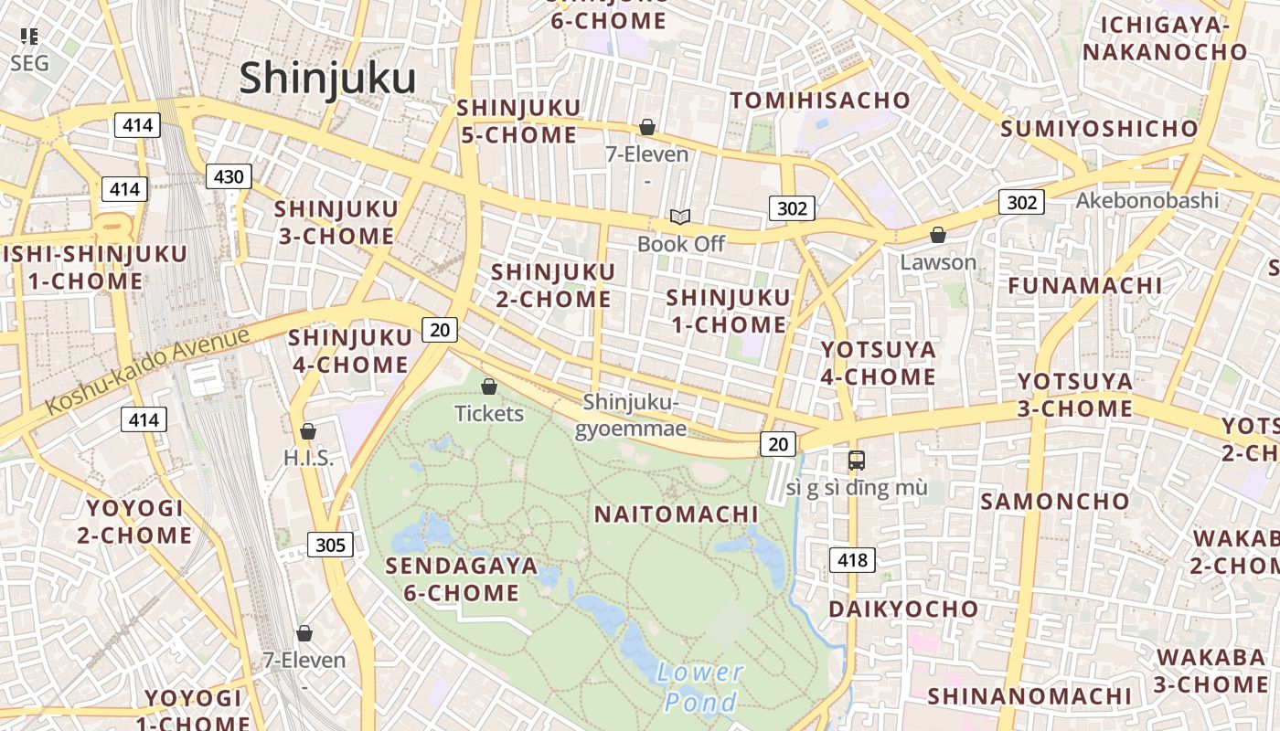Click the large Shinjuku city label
tap(327, 79)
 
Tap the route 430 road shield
tap(228, 176)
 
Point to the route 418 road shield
tap(852, 559)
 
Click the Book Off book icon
tap(679, 217)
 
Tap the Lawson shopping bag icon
tap(937, 235)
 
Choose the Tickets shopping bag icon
tap(489, 387)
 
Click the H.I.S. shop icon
tap(308, 431)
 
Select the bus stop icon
tap(856, 461)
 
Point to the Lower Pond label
tap(700, 687)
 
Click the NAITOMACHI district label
tap(677, 514)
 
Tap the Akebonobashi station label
tap(1147, 200)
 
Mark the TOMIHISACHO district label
tap(819, 101)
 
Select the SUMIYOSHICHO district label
tap(1098, 129)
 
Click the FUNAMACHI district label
tap(1084, 286)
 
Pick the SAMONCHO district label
tap(1055, 502)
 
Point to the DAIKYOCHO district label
tap(902, 609)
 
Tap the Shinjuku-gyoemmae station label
tap(631, 415)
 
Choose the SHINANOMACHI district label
tap(1029, 696)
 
